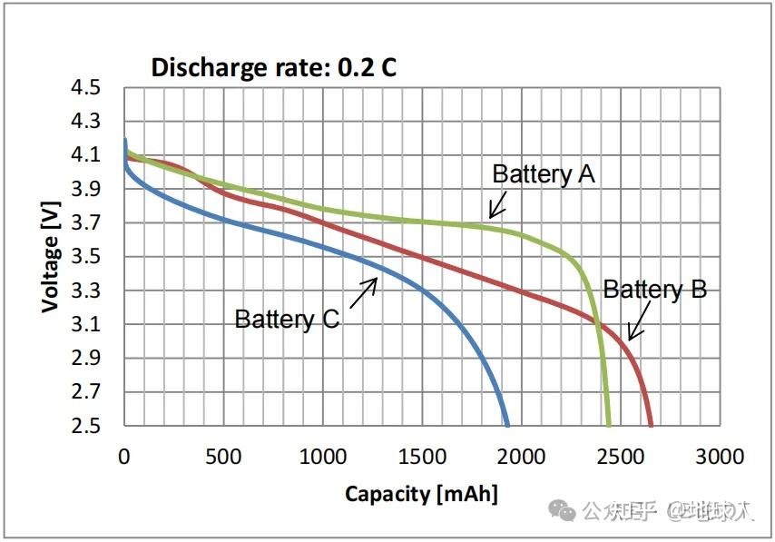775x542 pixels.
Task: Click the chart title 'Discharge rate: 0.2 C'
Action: click(273, 67)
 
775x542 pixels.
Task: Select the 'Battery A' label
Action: click(543, 173)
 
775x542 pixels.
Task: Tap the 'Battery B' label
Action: click(654, 290)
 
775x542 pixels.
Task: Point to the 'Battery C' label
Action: click(287, 319)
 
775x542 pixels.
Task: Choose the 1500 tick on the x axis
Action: click(422, 456)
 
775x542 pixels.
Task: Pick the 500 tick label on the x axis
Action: click(223, 456)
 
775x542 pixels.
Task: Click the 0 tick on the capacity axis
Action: click(124, 456)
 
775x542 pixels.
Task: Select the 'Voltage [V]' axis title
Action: click(51, 256)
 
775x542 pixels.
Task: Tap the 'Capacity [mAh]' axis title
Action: click(421, 494)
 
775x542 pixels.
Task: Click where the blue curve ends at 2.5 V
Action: click(506, 424)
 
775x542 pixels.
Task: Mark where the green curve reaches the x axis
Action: click(608, 424)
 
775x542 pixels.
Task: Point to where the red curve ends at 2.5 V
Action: click(650, 424)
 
